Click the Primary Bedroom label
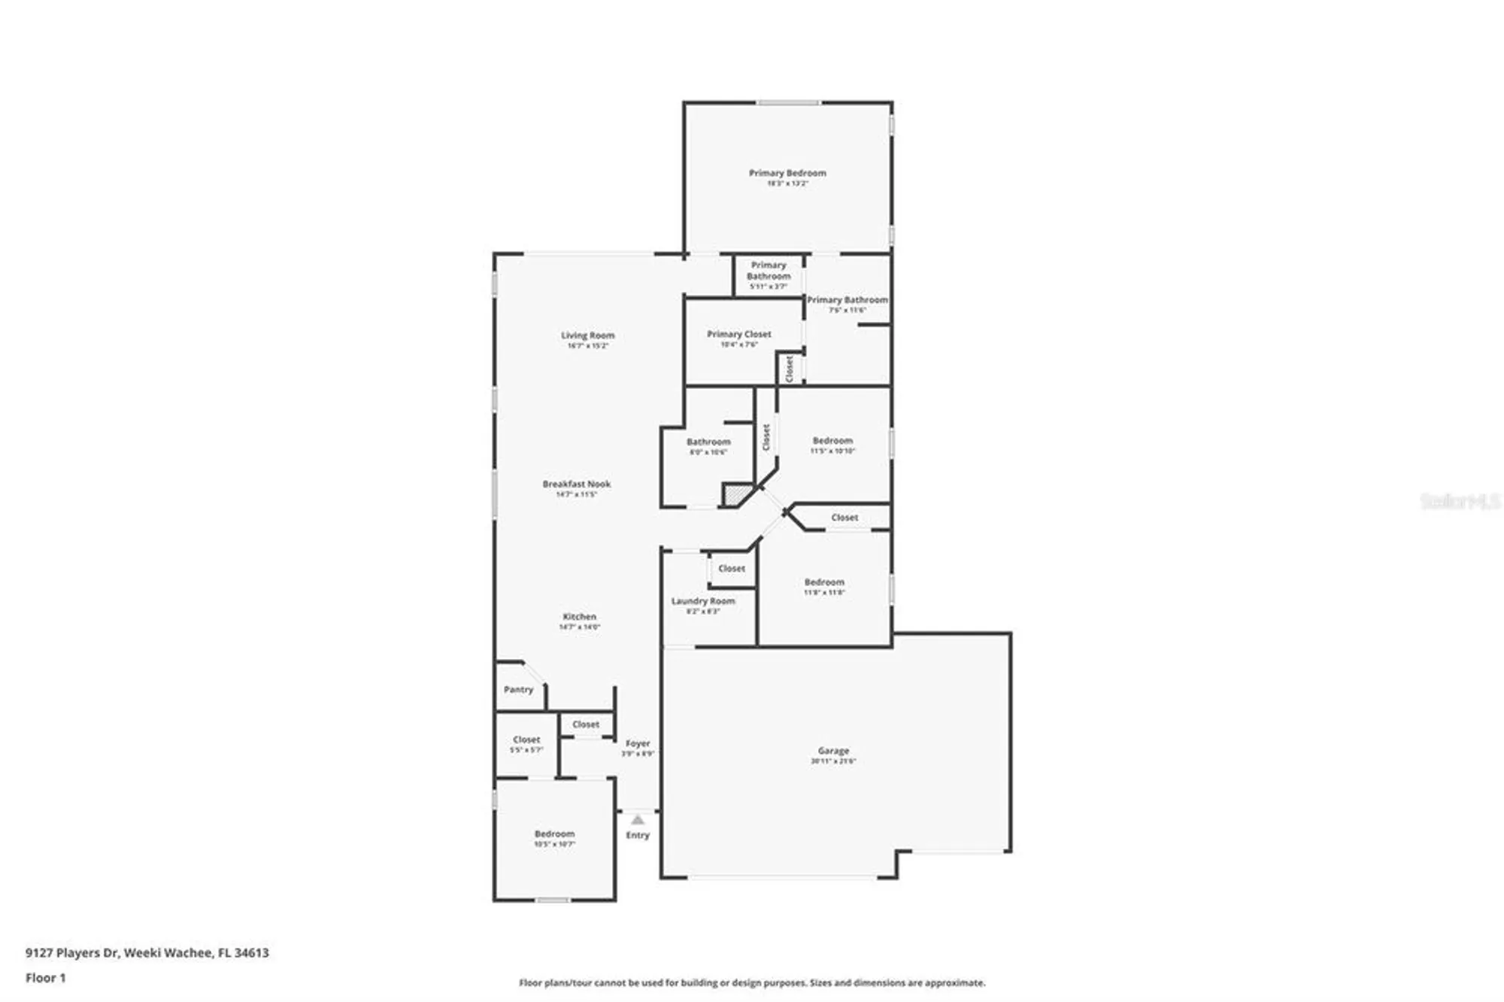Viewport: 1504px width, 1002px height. pos(787,174)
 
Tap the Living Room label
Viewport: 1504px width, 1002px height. pos(587,336)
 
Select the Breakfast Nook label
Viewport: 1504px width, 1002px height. pos(577,484)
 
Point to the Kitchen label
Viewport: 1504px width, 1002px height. pos(579,617)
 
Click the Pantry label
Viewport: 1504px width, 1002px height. pos(518,690)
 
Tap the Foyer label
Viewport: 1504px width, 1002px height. pos(638,744)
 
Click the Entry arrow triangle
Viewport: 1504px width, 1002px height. pos(638,820)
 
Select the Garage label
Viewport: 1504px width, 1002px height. pos(833,751)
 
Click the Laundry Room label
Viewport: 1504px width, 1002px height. pos(703,602)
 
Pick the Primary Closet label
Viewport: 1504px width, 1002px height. pos(739,335)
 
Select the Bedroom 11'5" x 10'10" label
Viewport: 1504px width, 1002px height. pos(832,442)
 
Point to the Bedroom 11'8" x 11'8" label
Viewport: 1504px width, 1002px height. pos(824,583)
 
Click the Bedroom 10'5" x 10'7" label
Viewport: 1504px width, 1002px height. pos(554,835)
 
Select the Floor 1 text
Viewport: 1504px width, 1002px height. pos(45,978)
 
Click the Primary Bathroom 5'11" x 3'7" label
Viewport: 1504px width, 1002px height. pos(769,272)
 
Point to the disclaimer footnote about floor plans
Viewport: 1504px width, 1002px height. pos(752,982)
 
